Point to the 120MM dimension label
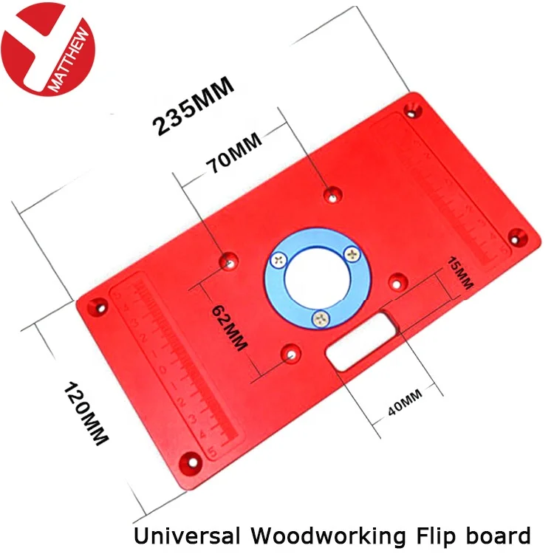tap(88, 414)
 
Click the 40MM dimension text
tap(405, 406)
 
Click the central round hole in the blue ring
tap(313, 280)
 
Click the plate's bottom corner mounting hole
tap(192, 460)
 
